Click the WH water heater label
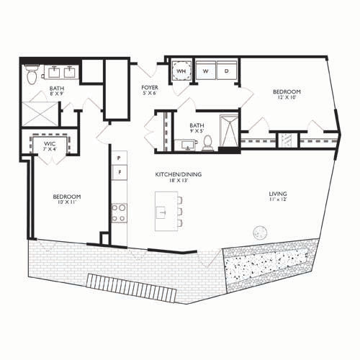(x=181, y=71)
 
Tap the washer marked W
(x=206, y=71)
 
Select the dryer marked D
(x=227, y=71)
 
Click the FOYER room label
(x=150, y=87)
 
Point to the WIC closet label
(x=50, y=144)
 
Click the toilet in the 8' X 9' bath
(x=32, y=73)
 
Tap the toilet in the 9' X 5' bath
(x=207, y=143)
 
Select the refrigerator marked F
(x=120, y=172)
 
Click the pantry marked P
(x=120, y=158)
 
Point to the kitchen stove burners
(x=120, y=213)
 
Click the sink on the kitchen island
(x=161, y=212)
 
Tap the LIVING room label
(x=278, y=194)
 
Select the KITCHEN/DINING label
(x=179, y=174)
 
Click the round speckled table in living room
(x=260, y=232)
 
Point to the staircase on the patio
(x=132, y=288)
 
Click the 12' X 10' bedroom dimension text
(x=286, y=97)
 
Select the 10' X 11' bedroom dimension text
(x=67, y=202)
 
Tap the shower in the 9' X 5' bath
(x=229, y=131)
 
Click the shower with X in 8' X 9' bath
(x=40, y=114)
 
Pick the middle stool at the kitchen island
(x=180, y=212)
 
